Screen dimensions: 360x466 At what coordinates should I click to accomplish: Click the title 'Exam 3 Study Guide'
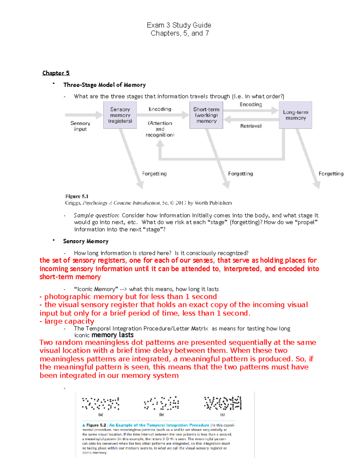tap(179, 25)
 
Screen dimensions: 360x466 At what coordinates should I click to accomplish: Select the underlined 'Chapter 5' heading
tap(56, 73)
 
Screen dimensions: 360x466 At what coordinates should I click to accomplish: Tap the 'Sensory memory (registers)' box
tap(120, 115)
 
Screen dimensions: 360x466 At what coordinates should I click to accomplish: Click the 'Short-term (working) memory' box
tap(206, 115)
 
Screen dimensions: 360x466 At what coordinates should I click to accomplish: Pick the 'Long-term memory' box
tap(295, 115)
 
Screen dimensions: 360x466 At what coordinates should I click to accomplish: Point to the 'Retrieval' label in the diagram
tap(251, 126)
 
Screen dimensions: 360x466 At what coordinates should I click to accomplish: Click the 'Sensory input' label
tap(80, 126)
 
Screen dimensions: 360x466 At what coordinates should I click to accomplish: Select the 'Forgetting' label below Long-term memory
tap(331, 174)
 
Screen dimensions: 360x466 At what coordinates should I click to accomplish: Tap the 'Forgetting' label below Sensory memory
tap(154, 174)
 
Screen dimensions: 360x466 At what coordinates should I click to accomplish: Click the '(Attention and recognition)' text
tap(160, 129)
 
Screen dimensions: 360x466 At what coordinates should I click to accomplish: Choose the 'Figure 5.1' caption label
tap(77, 196)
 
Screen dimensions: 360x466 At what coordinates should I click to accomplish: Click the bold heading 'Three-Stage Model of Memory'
tap(104, 85)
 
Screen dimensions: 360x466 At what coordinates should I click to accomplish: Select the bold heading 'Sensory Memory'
tap(86, 241)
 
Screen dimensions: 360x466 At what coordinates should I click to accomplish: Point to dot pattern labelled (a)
tap(101, 404)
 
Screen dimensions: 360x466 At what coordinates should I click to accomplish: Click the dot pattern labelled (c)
tap(223, 403)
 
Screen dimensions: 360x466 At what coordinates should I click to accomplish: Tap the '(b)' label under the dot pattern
tap(161, 415)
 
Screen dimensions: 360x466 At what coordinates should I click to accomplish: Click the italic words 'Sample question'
tap(96, 215)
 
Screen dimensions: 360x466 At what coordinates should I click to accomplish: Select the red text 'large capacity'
tap(69, 321)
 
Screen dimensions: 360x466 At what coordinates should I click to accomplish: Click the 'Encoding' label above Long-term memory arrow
tap(251, 104)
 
